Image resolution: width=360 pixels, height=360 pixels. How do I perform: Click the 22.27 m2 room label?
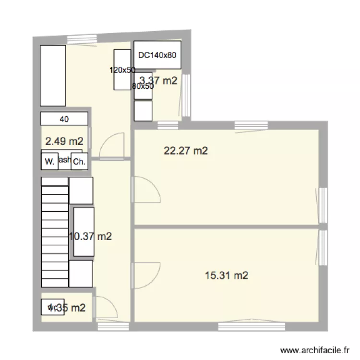186,151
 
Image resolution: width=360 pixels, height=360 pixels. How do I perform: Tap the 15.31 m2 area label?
227,276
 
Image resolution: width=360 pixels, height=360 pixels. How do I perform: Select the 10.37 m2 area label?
91,236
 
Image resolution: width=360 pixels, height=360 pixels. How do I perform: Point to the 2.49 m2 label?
64,142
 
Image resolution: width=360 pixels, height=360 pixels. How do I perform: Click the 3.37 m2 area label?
158,81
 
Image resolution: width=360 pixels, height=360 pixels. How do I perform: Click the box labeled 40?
64,119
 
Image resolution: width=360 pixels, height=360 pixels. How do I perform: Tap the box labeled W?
49,162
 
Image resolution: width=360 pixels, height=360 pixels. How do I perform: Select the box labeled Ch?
79,162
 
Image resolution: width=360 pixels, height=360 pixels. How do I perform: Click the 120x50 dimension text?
122,70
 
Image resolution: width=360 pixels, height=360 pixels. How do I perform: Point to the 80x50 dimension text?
143,87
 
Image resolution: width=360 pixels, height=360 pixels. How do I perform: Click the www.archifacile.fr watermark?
315,350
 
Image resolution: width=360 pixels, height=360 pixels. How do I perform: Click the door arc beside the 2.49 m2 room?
114,144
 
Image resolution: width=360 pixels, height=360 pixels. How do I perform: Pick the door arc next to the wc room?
104,308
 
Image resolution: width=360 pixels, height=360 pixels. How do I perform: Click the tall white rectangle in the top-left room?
53,75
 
